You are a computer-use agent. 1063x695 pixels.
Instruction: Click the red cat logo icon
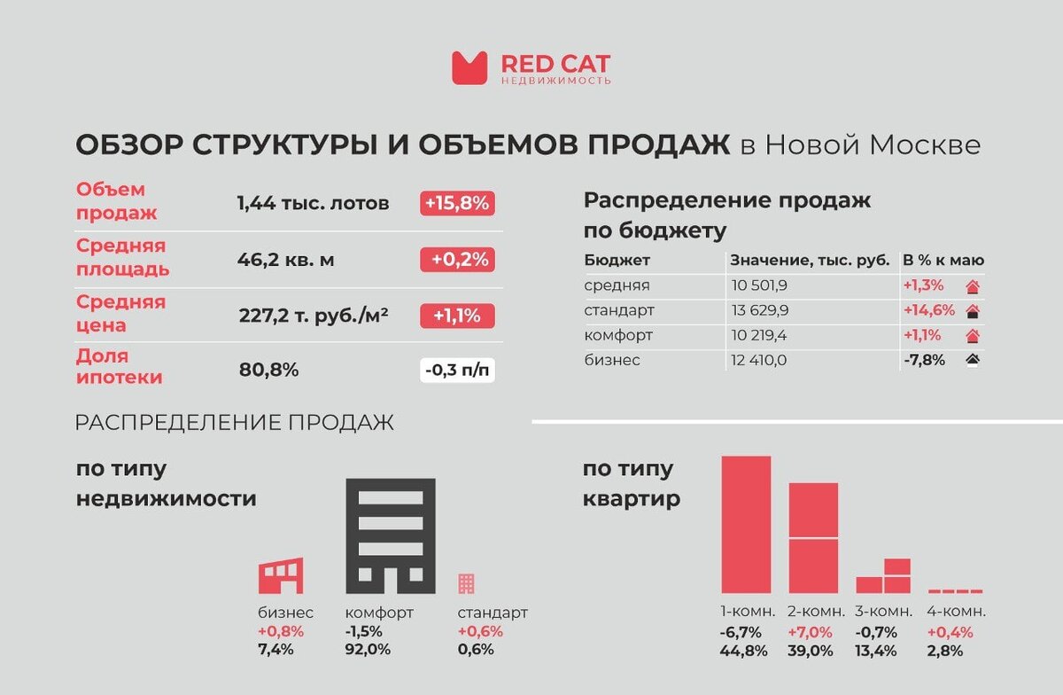coord(469,67)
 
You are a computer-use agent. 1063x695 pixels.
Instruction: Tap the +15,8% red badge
coord(456,203)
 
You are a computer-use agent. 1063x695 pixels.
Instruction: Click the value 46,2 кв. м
coord(285,260)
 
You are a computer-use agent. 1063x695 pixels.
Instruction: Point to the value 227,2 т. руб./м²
coord(314,316)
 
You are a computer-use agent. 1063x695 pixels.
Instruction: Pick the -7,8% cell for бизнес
coord(924,360)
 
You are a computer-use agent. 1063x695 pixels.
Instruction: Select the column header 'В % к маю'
coord(943,261)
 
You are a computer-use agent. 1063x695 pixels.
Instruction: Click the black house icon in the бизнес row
coord(972,360)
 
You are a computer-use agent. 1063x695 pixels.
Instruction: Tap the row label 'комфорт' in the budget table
coord(618,336)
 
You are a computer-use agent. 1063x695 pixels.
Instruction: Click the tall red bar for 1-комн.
coord(746,524)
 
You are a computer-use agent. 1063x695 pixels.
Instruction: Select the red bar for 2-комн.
coord(813,537)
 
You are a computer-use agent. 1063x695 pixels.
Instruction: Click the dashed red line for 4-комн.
coord(955,590)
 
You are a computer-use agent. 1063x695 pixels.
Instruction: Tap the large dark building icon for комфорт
coord(390,535)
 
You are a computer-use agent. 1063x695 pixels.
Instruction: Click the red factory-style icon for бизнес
coord(281,575)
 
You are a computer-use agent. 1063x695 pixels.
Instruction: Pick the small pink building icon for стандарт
coord(466,583)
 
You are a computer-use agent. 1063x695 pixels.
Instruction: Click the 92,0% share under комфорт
coord(367,650)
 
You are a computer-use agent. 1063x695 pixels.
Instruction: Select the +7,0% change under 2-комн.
coord(809,632)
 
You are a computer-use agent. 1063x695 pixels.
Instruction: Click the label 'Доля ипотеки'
coord(120,367)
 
